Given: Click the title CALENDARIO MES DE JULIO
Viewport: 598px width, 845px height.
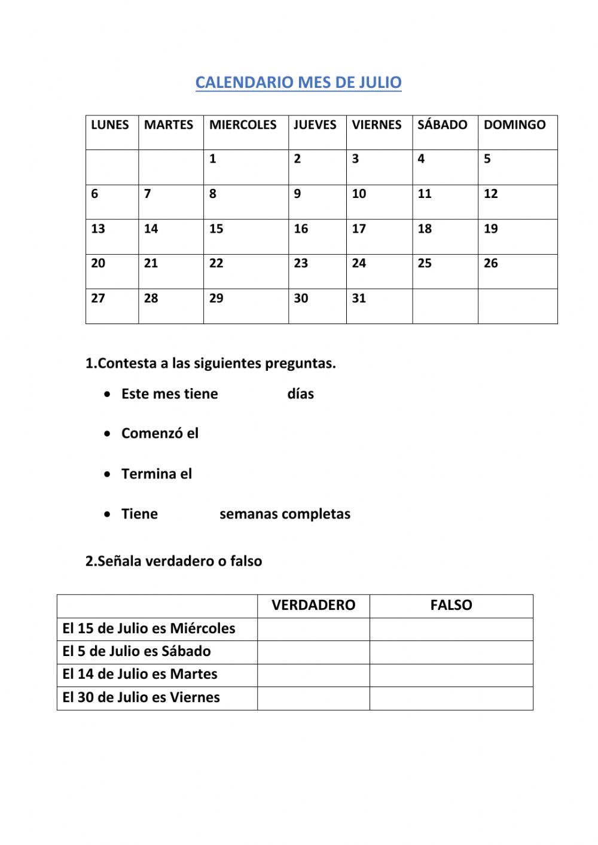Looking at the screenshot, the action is tap(298, 83).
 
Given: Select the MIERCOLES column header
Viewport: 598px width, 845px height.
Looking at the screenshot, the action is tap(243, 125).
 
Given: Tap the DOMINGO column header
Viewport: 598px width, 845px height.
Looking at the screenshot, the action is tap(514, 125).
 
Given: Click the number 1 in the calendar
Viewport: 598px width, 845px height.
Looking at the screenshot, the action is tap(213, 159).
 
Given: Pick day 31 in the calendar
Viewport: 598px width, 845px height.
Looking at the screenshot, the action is tap(359, 298).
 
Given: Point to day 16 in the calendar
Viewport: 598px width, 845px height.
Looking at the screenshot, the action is tap(301, 229).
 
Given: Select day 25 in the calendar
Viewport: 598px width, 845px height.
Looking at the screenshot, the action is tap(425, 264).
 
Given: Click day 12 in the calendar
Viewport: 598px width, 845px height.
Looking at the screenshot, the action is tap(490, 194).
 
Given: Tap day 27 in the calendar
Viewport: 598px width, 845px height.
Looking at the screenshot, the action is tap(98, 298).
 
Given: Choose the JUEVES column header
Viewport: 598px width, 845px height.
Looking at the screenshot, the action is tap(315, 125).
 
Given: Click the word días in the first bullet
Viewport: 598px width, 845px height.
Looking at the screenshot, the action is tap(300, 394).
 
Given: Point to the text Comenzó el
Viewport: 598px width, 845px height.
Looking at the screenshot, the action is tap(160, 434).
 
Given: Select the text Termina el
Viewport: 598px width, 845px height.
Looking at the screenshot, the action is tap(157, 474).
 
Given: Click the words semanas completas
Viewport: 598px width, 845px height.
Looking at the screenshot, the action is tap(285, 514).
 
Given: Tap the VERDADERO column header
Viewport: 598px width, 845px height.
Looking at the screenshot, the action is tap(313, 605).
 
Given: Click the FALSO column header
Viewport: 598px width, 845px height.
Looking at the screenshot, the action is tap(451, 605).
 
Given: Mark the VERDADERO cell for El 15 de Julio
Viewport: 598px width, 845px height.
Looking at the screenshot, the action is tap(313, 629).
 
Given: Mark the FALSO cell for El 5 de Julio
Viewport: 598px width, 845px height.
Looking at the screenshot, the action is tap(451, 652).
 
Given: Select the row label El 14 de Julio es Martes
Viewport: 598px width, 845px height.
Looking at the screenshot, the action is tap(140, 675).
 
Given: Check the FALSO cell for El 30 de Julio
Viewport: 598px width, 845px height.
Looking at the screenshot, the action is tap(451, 698).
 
